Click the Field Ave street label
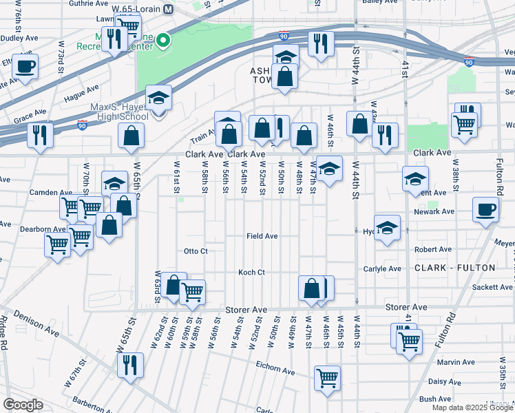(262, 236)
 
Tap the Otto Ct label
(196, 251)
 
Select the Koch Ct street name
(251, 273)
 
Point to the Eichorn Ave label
(275, 372)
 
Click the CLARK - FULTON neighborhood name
(454, 267)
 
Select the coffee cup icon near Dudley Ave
(25, 67)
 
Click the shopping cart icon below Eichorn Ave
(327, 377)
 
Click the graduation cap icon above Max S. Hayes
(158, 98)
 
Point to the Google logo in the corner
(23, 404)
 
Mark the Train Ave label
(203, 139)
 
